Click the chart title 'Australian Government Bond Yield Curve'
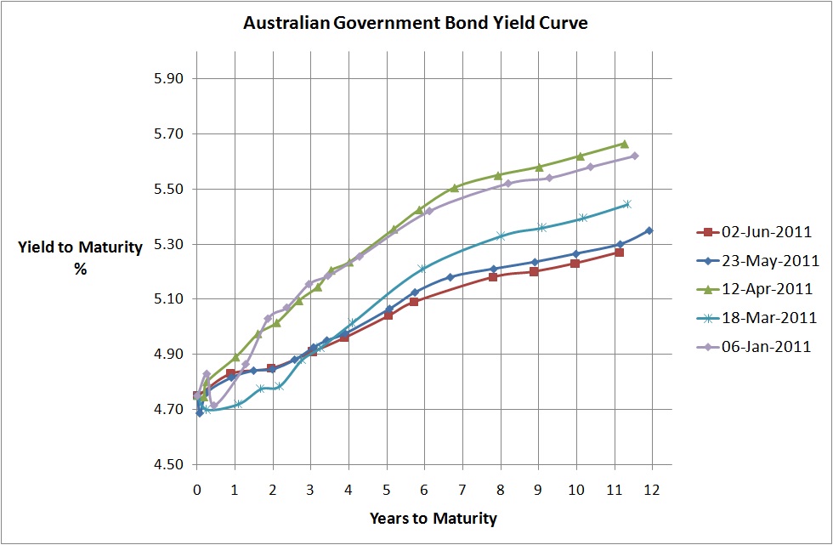click(x=416, y=23)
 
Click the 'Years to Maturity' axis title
click(x=433, y=518)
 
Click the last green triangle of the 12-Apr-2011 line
click(x=624, y=144)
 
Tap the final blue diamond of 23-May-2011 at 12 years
click(x=649, y=230)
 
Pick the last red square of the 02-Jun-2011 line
click(x=620, y=252)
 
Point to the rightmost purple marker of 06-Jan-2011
click(x=635, y=156)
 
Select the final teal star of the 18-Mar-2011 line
click(x=627, y=204)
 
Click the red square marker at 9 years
click(x=534, y=271)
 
